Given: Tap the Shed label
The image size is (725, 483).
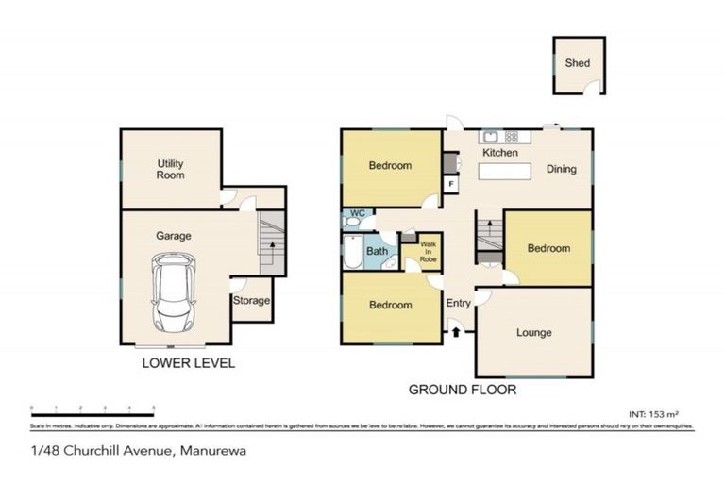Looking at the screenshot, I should [x=577, y=63].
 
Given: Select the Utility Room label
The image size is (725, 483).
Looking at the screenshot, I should [x=171, y=169].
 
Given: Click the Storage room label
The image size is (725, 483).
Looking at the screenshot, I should [x=252, y=301].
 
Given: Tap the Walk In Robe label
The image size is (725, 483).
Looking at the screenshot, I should [x=429, y=252].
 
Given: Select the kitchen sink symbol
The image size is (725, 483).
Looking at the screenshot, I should [x=492, y=136].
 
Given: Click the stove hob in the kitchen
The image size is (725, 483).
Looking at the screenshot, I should [x=512, y=136].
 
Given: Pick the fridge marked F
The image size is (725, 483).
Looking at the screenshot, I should [x=451, y=183].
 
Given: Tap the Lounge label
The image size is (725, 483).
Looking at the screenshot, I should [x=533, y=332].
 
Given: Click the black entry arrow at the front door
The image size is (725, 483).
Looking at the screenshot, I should [x=455, y=330].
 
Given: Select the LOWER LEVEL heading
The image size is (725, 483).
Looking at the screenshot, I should [x=188, y=363].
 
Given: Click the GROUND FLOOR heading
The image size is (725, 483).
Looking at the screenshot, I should [x=462, y=389].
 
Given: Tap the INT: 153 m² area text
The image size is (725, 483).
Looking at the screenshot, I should [x=653, y=413].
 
